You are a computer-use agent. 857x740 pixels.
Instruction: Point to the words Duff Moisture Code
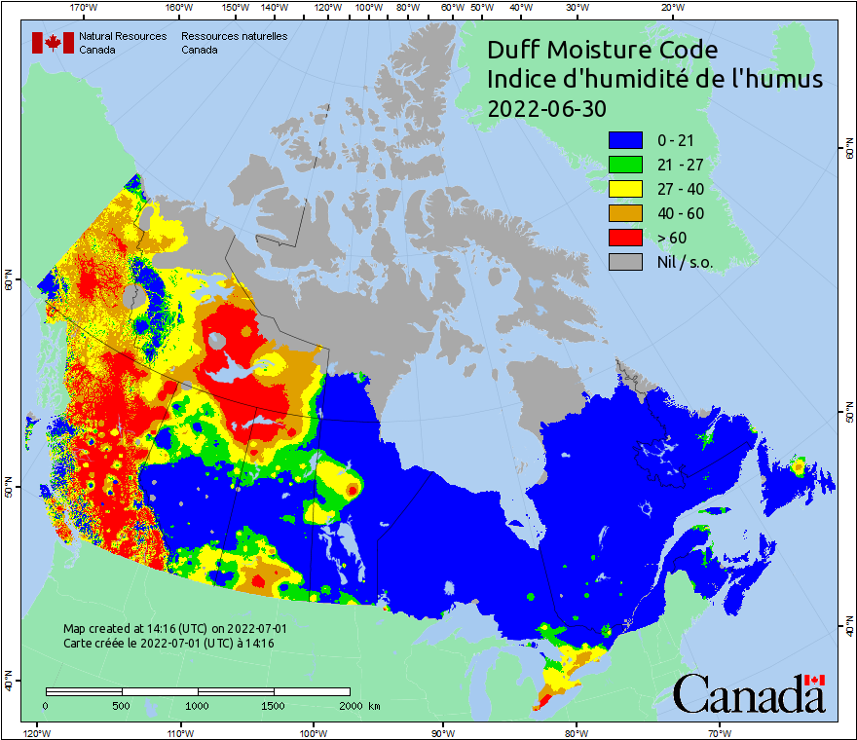click(x=602, y=50)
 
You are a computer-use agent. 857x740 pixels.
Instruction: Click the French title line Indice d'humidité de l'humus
click(x=654, y=79)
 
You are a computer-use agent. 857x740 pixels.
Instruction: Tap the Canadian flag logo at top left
click(x=53, y=43)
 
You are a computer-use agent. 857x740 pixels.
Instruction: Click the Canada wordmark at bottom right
click(x=749, y=694)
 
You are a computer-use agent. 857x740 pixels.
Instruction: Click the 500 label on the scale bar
click(x=122, y=705)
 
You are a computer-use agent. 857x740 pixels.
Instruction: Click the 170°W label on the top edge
click(x=85, y=8)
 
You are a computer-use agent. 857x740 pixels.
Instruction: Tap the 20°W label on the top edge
click(x=670, y=8)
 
